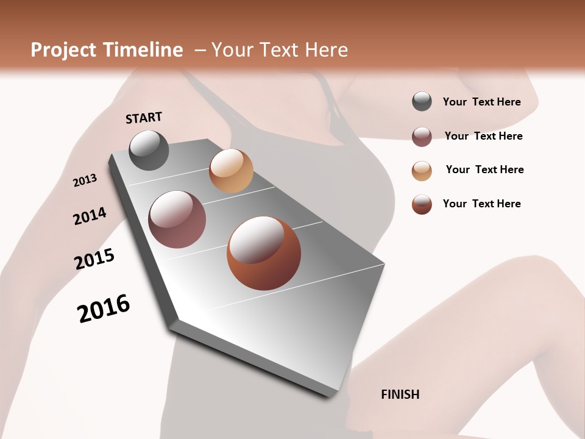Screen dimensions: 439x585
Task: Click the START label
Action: coord(144,118)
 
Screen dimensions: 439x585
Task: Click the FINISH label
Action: coord(400,394)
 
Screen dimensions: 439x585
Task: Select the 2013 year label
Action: coord(85,180)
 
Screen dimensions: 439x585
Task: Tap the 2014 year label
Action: coord(90,216)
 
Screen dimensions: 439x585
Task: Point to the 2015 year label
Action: coord(94,259)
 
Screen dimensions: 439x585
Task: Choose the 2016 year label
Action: coord(104,309)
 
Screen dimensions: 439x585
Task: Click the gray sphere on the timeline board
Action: coord(149,150)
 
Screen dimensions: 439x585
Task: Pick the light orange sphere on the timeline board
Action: coord(231,171)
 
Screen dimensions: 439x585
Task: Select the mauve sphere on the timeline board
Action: coord(177,220)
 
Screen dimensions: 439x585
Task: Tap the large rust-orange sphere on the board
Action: coord(264,253)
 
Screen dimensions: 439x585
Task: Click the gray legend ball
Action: coord(422,102)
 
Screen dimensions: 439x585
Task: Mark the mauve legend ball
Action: coord(422,137)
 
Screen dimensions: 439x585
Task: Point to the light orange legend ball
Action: coord(422,171)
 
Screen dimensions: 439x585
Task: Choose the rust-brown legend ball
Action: coord(422,204)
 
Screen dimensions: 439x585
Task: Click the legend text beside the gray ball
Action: coord(481,102)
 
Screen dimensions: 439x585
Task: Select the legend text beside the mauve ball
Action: coord(483,136)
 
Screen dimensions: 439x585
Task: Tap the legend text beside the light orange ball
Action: coord(484,170)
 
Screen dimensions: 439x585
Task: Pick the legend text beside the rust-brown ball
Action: coord(481,204)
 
